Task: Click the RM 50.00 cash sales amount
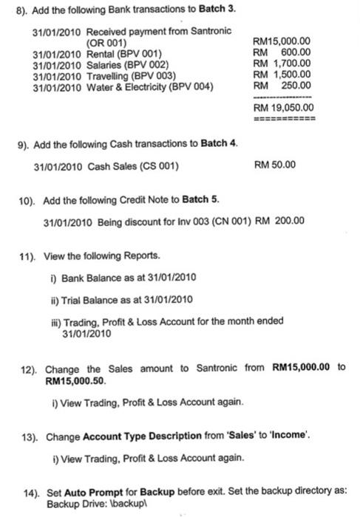(x=274, y=165)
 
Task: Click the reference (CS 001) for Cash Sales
(x=157, y=165)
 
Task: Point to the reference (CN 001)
(x=223, y=221)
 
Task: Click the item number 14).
(x=28, y=490)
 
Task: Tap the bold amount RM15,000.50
(x=71, y=383)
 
